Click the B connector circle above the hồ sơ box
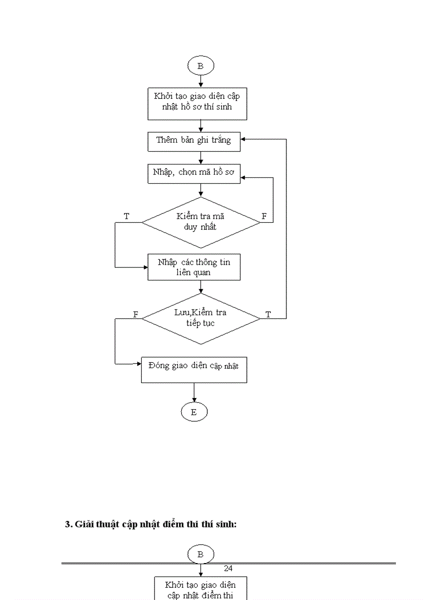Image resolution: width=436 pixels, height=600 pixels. click(200, 66)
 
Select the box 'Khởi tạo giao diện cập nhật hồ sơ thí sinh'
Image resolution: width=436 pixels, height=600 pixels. click(200, 104)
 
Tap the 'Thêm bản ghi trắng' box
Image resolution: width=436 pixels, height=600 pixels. click(194, 141)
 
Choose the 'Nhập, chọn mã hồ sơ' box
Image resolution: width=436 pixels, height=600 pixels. click(194, 173)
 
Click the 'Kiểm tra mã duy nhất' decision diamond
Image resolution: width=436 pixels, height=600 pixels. click(201, 222)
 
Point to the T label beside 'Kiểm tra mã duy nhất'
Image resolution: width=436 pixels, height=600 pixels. click(127, 216)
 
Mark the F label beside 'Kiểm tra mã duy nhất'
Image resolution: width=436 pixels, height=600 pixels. click(263, 216)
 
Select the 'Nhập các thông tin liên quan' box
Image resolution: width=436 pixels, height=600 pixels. click(194, 267)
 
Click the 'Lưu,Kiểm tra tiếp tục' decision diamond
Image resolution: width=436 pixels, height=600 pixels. click(201, 318)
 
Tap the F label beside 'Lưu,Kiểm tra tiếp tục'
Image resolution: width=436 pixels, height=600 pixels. click(136, 315)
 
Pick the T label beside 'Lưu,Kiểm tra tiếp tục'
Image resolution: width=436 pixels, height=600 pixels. click(268, 315)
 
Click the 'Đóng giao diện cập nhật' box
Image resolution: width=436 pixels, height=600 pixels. click(194, 369)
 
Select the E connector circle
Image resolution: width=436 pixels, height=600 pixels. click(193, 412)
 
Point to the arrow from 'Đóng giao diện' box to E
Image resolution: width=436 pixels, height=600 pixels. click(193, 393)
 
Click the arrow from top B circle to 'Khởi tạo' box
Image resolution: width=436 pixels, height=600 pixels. click(200, 81)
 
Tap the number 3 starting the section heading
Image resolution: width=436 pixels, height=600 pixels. click(68, 524)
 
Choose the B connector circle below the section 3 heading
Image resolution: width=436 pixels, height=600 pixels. click(200, 554)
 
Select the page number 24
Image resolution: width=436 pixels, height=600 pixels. click(228, 568)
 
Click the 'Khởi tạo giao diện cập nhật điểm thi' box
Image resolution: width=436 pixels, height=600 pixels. click(200, 589)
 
